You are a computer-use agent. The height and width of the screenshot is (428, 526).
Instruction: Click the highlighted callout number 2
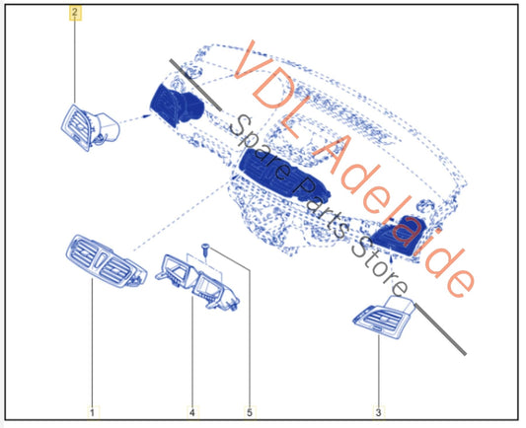pos(75,13)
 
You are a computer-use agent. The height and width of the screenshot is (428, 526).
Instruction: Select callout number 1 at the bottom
pos(93,412)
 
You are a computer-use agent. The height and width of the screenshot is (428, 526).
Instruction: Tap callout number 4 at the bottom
pos(192,412)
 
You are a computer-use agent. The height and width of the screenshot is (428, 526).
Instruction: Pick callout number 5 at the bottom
pos(250,412)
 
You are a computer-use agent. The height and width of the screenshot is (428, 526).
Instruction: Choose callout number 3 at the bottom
pos(378,412)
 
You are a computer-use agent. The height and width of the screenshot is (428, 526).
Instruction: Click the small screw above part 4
pos(204,250)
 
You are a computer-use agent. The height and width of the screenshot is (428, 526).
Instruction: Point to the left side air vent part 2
pos(90,127)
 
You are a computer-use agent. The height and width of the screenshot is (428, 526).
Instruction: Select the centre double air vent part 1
pos(106,261)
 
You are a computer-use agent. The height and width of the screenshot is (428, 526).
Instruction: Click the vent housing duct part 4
pos(198,282)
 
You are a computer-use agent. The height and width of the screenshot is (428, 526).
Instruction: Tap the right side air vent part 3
pos(384,318)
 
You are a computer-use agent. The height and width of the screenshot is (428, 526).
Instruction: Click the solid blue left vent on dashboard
pos(176,105)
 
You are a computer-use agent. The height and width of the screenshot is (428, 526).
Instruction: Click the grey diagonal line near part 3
pos(440,329)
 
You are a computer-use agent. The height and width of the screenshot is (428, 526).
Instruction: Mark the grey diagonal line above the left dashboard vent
pos(195,85)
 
